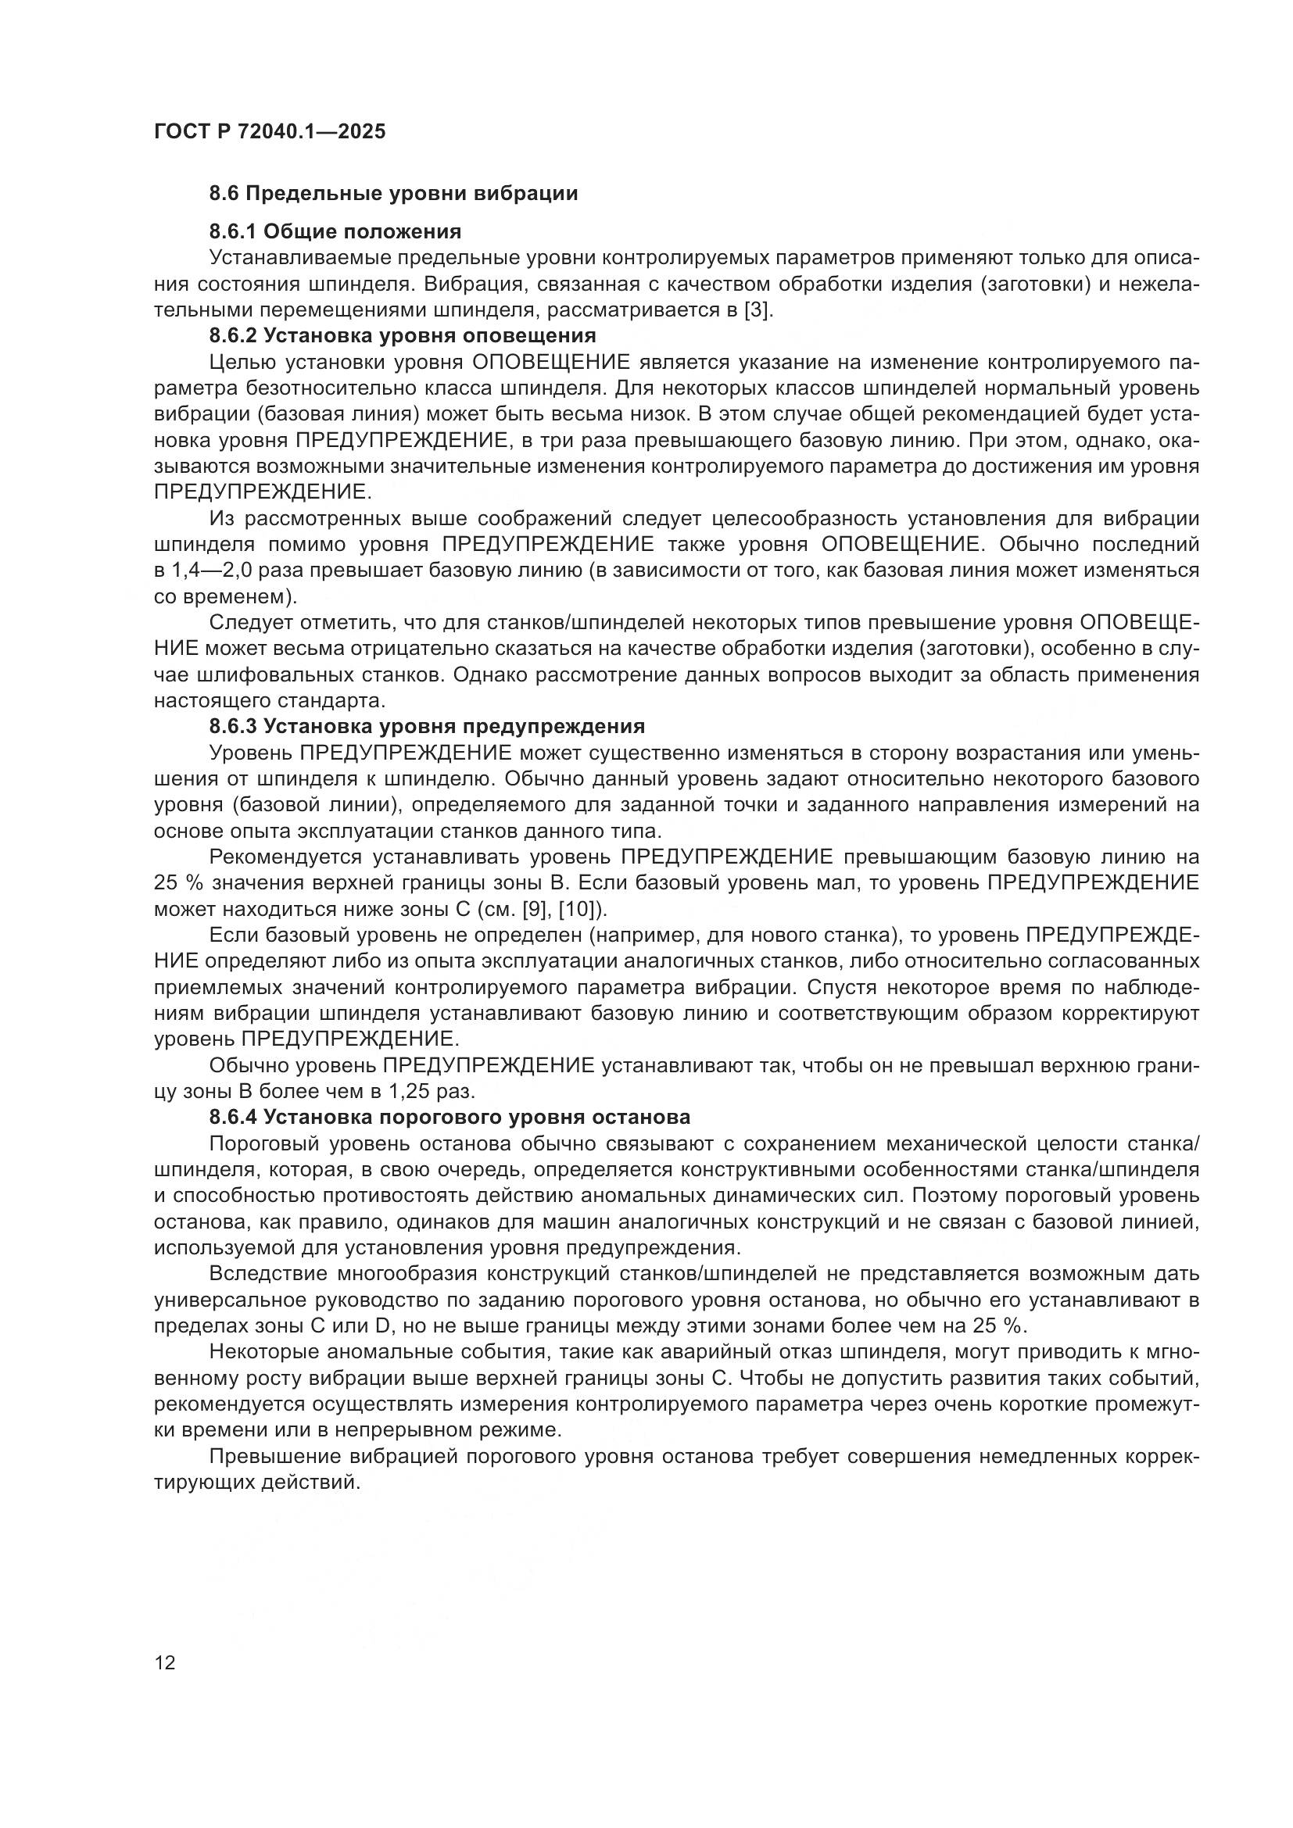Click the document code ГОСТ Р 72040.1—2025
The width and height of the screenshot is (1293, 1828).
point(269,132)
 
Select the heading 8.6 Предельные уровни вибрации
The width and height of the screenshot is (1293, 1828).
point(393,194)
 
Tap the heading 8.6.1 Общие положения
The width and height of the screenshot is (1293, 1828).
point(335,231)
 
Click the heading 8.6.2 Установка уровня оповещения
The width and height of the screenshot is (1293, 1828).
point(403,335)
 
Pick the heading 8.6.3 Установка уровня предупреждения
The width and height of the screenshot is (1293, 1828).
point(427,726)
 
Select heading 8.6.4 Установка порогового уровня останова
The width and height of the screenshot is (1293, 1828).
point(450,1117)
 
